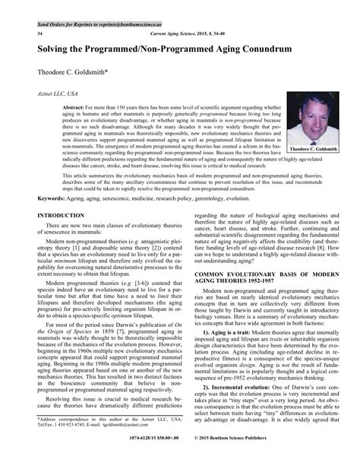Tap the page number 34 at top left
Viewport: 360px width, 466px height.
click(x=29, y=34)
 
